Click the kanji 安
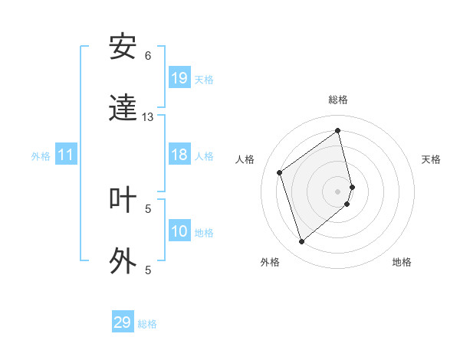(x=123, y=47)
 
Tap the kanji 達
(x=123, y=109)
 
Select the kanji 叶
(x=123, y=200)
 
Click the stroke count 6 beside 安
(x=148, y=56)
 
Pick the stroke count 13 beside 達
(x=148, y=117)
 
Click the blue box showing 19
(x=179, y=78)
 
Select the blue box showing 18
(x=179, y=155)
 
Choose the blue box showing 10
(x=179, y=231)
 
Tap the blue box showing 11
(x=66, y=155)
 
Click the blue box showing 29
(x=123, y=322)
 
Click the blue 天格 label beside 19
(x=204, y=80)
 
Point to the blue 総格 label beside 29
(x=147, y=324)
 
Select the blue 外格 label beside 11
(x=41, y=156)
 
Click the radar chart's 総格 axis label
(x=338, y=100)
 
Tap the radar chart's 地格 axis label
(x=402, y=262)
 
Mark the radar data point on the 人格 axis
(x=280, y=172)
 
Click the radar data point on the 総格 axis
(x=338, y=130)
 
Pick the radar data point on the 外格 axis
(x=301, y=242)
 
